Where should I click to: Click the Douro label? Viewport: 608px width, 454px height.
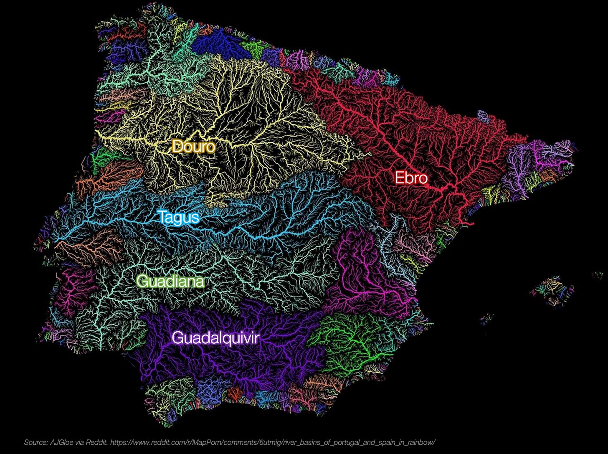pyautogui.click(x=194, y=147)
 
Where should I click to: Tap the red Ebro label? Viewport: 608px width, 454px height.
pyautogui.click(x=411, y=178)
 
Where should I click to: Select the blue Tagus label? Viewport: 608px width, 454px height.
pyautogui.click(x=178, y=217)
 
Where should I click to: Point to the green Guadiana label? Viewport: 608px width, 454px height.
pyautogui.click(x=170, y=282)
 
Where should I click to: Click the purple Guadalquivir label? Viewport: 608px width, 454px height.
pyautogui.click(x=215, y=338)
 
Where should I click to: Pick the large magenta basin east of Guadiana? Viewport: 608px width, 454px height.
pyautogui.click(x=363, y=276)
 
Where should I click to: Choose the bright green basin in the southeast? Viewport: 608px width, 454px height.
pyautogui.click(x=351, y=338)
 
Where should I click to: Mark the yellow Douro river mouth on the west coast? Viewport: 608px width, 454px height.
pyautogui.click(x=97, y=133)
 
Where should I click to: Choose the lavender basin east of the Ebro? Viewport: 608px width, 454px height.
pyautogui.click(x=518, y=167)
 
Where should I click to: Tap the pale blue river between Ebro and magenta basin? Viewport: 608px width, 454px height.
pyautogui.click(x=390, y=242)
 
